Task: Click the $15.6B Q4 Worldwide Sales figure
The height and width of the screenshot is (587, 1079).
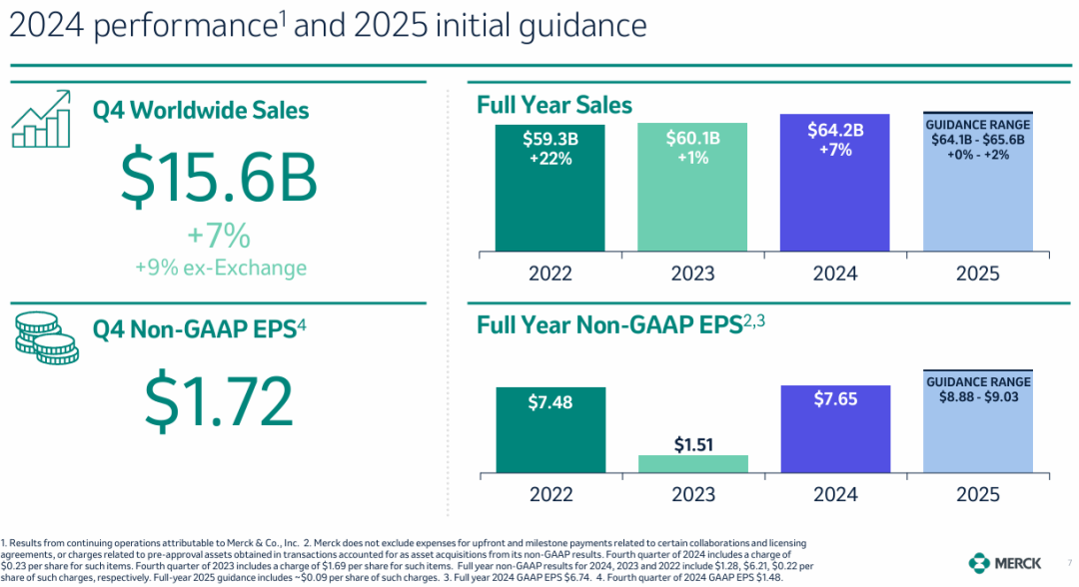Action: (219, 177)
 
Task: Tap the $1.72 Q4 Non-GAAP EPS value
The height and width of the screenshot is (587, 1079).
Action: (219, 398)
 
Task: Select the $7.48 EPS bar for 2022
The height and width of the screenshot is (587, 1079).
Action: (550, 429)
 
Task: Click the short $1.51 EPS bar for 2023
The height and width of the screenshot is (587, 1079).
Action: (692, 463)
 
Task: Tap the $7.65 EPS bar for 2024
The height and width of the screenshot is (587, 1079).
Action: (835, 428)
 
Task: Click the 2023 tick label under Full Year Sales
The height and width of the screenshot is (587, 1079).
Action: (692, 274)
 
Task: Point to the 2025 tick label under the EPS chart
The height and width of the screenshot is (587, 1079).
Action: (977, 494)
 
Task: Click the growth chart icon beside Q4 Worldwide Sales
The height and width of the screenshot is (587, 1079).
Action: (42, 118)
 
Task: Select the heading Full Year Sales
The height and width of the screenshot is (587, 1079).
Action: (554, 105)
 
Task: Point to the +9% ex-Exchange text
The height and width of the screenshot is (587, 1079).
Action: (220, 268)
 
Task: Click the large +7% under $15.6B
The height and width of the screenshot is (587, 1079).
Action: (219, 237)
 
